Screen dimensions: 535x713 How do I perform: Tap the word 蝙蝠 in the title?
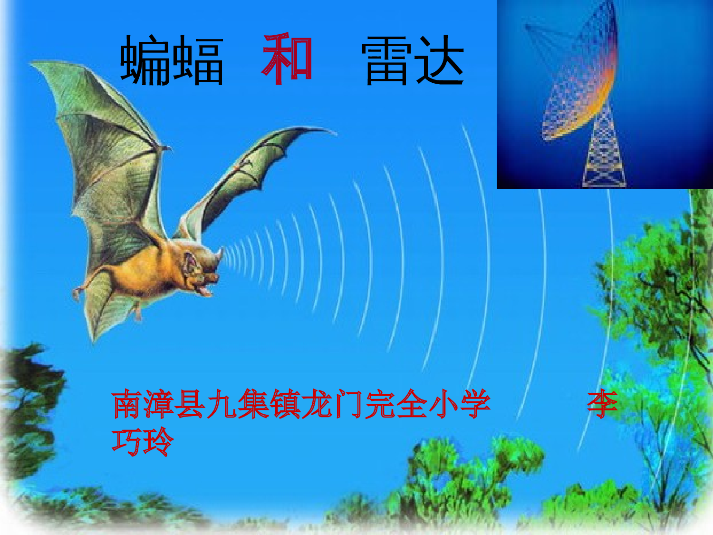172,61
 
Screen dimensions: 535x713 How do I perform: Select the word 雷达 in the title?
413,61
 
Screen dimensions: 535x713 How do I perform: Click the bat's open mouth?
205,287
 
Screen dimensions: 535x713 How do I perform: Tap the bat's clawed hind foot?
77,292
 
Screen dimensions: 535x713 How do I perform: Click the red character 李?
602,404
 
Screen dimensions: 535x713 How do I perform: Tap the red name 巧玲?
143,442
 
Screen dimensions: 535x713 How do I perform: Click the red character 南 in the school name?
127,404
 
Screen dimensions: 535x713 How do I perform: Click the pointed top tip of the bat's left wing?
33,64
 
